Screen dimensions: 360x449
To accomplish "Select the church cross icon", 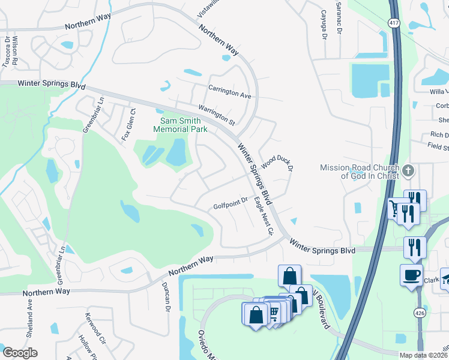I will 408,170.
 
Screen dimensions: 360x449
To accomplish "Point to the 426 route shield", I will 418,312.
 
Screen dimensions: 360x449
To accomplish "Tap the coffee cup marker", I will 411,275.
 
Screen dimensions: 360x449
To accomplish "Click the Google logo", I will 20,353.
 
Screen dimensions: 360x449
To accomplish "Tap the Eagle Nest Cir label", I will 263,215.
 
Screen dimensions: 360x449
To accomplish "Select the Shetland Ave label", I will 29,311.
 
